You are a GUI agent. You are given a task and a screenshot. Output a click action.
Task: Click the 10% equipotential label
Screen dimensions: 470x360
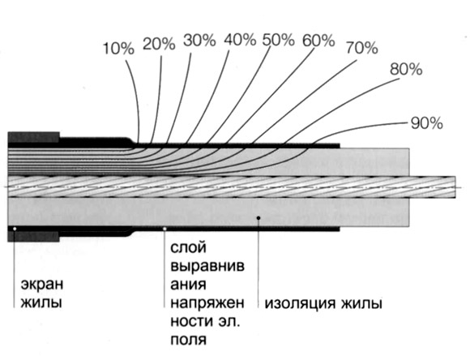[118, 48]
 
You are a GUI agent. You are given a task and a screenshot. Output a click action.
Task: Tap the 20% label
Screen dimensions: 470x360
[159, 44]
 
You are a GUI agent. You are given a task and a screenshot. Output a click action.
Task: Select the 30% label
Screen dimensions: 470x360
[199, 41]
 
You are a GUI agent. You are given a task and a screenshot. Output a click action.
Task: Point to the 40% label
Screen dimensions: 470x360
[240, 39]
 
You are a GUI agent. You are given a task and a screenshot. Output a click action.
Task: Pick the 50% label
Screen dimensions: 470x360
[279, 40]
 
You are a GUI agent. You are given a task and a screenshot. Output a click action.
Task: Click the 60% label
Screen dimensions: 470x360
[318, 41]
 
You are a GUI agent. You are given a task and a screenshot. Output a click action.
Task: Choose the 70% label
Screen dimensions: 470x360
[361, 48]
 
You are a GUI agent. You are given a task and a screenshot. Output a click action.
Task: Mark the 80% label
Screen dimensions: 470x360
[406, 69]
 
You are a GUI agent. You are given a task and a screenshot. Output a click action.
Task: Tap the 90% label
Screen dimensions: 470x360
[426, 123]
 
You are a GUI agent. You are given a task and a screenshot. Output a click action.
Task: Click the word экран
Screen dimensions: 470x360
[42, 284]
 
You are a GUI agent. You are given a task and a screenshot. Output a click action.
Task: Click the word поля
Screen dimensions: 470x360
[189, 341]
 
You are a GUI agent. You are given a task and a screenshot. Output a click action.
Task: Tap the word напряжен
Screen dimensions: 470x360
[207, 303]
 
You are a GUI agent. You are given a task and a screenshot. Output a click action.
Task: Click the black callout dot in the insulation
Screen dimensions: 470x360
[258, 217]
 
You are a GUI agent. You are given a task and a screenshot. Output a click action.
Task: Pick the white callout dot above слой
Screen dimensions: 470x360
[164, 229]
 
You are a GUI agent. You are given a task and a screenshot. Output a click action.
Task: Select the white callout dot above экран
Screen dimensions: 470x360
[15, 229]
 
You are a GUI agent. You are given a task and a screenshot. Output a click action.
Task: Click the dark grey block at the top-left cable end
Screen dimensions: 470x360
[33, 137]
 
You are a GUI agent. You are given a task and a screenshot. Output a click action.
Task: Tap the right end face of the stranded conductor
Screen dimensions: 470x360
[455, 187]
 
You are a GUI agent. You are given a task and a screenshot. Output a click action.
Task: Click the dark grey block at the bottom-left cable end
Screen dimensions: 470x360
[33, 237]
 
